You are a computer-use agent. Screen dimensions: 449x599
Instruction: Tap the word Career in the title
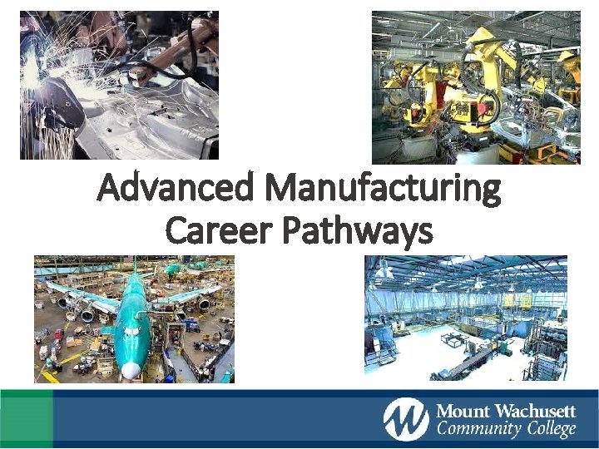218,229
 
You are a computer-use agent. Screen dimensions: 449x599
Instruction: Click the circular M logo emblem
406,419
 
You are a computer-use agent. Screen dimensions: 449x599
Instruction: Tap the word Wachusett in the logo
537,411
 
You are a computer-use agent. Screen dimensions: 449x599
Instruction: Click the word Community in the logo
475,430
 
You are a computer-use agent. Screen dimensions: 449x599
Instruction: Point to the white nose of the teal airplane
130,368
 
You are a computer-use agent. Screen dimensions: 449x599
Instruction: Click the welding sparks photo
119,85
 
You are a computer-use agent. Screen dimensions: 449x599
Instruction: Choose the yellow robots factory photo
476,86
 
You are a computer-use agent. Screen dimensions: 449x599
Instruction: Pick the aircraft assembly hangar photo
134,319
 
